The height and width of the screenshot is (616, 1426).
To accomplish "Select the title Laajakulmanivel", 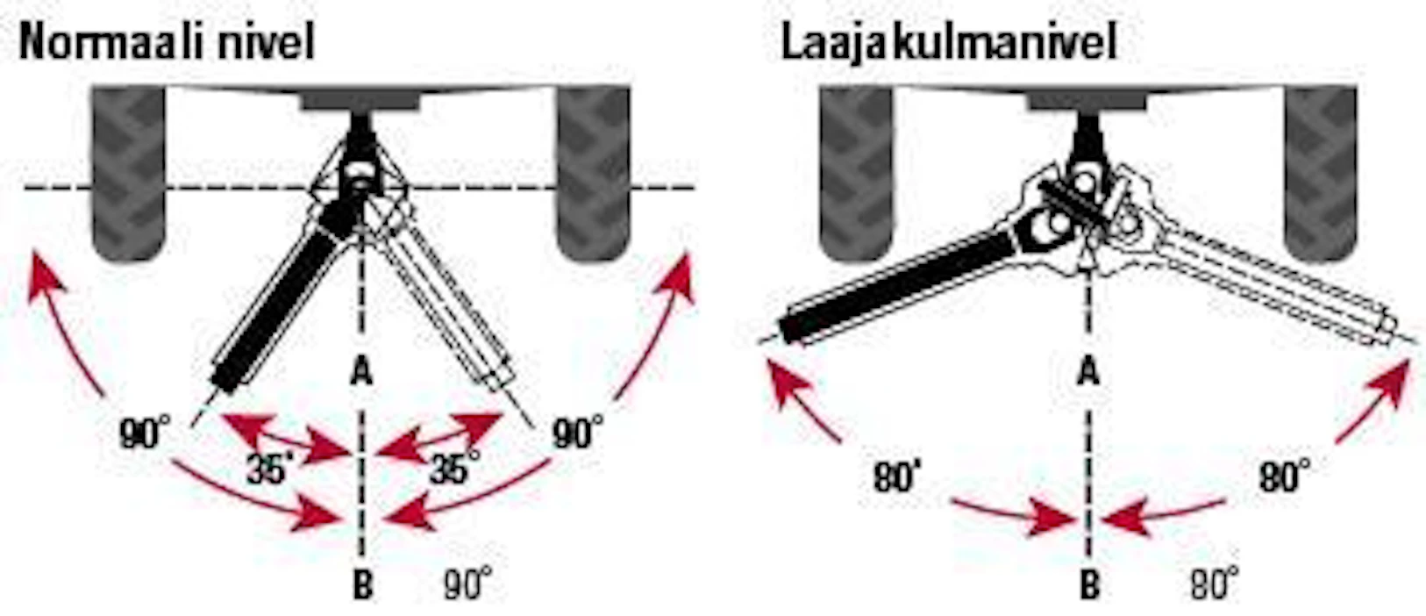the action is (949, 42).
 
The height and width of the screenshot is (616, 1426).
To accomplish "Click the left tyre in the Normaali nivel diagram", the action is (129, 173).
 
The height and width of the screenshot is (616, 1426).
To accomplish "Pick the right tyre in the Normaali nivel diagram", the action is (594, 173).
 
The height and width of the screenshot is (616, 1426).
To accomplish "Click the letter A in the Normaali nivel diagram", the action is (361, 371).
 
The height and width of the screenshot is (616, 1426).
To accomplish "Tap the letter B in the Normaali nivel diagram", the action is (363, 584).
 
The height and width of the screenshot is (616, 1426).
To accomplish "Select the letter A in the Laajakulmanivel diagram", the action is (1088, 371).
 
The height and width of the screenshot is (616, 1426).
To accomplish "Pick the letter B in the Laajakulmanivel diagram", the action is (1090, 584).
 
